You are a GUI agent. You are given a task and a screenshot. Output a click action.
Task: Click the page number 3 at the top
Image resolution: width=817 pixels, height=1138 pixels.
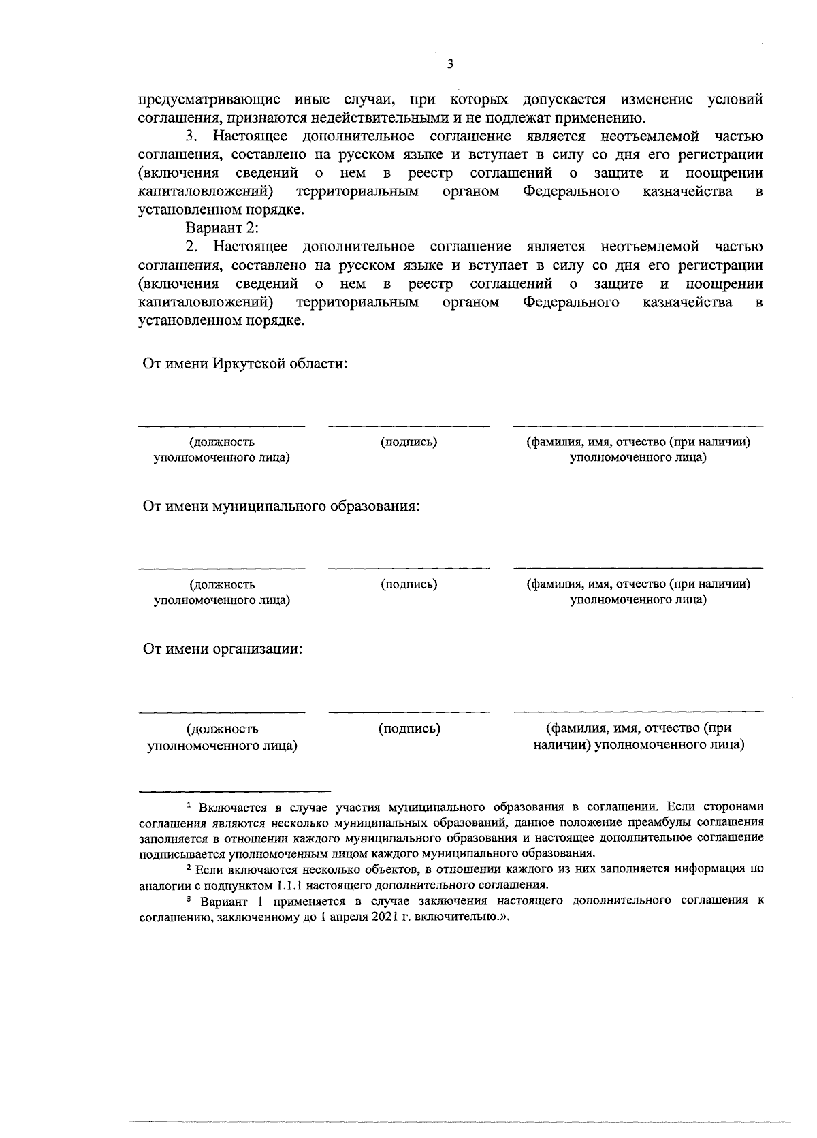pos(449,64)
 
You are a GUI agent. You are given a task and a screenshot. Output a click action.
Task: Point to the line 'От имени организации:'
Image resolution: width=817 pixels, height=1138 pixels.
pos(223,648)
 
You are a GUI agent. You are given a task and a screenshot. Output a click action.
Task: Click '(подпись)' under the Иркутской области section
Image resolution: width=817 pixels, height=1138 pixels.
pos(408,442)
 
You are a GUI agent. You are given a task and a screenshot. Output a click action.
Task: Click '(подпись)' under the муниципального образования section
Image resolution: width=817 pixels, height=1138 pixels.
pos(408,584)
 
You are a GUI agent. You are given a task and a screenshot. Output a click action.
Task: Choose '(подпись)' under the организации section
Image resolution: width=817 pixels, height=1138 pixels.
pos(409,729)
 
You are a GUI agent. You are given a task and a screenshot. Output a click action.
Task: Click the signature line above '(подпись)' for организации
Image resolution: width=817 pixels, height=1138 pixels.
pos(408,712)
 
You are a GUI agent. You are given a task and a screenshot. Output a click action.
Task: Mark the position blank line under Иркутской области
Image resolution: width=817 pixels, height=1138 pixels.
pos(222,426)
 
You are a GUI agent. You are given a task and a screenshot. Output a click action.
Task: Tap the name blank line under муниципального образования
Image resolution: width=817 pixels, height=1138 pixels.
pos(638,568)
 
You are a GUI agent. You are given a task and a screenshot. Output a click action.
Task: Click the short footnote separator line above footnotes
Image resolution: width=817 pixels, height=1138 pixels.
pos(234,791)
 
